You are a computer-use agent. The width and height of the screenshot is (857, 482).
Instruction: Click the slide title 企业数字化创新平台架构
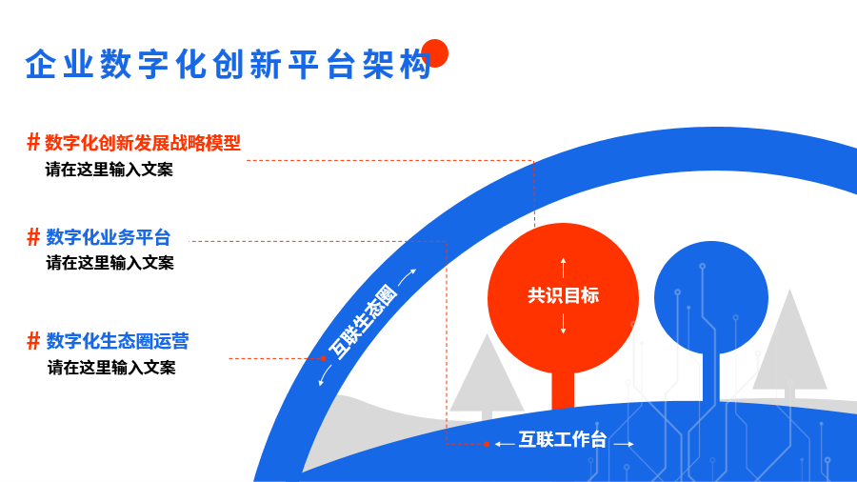coord(229,65)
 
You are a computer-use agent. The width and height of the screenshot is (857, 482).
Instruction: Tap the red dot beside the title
coord(435,53)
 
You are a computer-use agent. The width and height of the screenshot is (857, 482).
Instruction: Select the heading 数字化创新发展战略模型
coord(143,143)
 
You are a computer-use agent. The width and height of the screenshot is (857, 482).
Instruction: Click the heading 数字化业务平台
coord(109,237)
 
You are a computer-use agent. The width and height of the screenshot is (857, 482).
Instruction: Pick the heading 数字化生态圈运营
coord(117,341)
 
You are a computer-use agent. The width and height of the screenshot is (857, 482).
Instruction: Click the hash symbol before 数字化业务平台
coord(33,237)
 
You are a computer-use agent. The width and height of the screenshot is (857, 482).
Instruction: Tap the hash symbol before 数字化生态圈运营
coord(33,340)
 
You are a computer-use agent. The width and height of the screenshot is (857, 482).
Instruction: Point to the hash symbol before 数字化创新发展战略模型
coord(33,142)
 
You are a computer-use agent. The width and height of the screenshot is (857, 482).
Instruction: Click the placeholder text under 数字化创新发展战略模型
coord(109,170)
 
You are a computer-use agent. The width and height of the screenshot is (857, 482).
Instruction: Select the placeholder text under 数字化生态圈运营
coord(111,368)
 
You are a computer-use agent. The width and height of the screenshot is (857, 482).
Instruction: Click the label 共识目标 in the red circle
coord(563,295)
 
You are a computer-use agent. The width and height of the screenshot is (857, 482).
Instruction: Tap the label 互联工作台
coord(563,439)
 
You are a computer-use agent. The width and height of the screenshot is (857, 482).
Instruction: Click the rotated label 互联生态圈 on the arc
coord(363,322)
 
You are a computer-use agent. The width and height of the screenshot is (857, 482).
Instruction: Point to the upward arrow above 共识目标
coord(563,268)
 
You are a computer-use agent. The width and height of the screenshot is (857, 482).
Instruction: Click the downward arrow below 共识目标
coord(563,324)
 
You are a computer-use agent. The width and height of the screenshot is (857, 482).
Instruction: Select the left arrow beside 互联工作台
coord(504,444)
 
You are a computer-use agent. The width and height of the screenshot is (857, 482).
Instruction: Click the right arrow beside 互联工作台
coord(624,444)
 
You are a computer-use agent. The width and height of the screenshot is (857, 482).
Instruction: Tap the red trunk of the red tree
coord(563,390)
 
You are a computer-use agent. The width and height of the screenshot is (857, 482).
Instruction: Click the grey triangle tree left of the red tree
coord(487,377)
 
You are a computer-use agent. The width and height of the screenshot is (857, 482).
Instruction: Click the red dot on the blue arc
coord(324,358)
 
